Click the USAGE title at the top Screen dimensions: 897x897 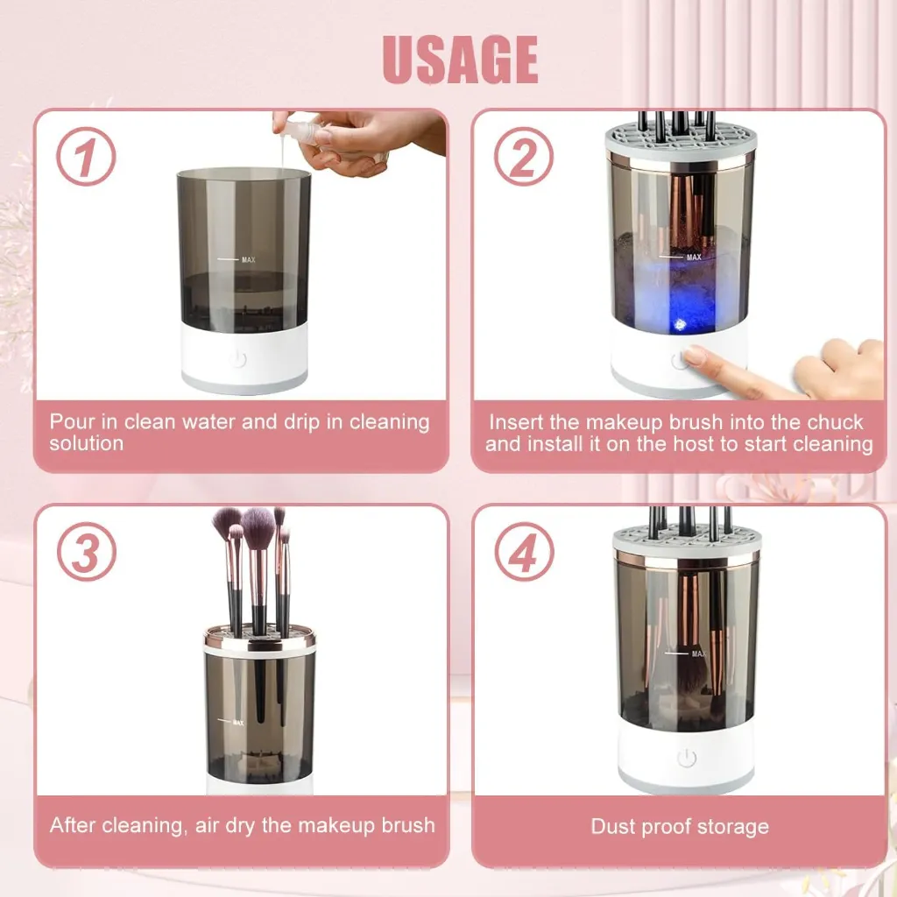point(460,59)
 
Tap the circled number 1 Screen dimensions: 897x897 point(86,158)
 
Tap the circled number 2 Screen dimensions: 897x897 point(523,157)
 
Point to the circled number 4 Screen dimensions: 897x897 point(523,552)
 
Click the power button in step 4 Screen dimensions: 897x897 point(686,759)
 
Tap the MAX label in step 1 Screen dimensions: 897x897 point(247,259)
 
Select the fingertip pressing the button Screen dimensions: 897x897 point(696,356)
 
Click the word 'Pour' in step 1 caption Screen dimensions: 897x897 point(72,421)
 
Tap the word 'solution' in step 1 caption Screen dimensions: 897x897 point(86,443)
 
